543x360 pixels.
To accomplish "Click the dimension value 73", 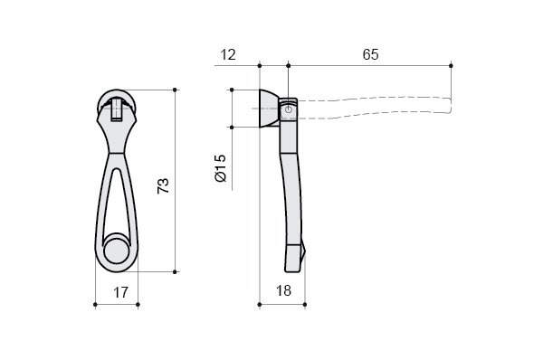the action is coord(163,186).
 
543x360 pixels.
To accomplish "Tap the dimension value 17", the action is coord(121,292).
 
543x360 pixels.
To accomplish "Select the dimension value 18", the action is coord(283,290).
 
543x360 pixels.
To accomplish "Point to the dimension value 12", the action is coord(228,54).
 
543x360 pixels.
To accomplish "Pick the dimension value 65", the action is coord(370,54).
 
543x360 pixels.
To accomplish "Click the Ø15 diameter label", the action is coord(221,168).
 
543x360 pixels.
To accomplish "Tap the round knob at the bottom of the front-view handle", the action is coord(117,251).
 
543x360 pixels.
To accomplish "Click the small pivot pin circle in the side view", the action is coord(289,109).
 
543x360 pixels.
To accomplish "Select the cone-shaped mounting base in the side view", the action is coord(269,109).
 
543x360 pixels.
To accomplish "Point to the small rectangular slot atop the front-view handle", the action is coord(117,109).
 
